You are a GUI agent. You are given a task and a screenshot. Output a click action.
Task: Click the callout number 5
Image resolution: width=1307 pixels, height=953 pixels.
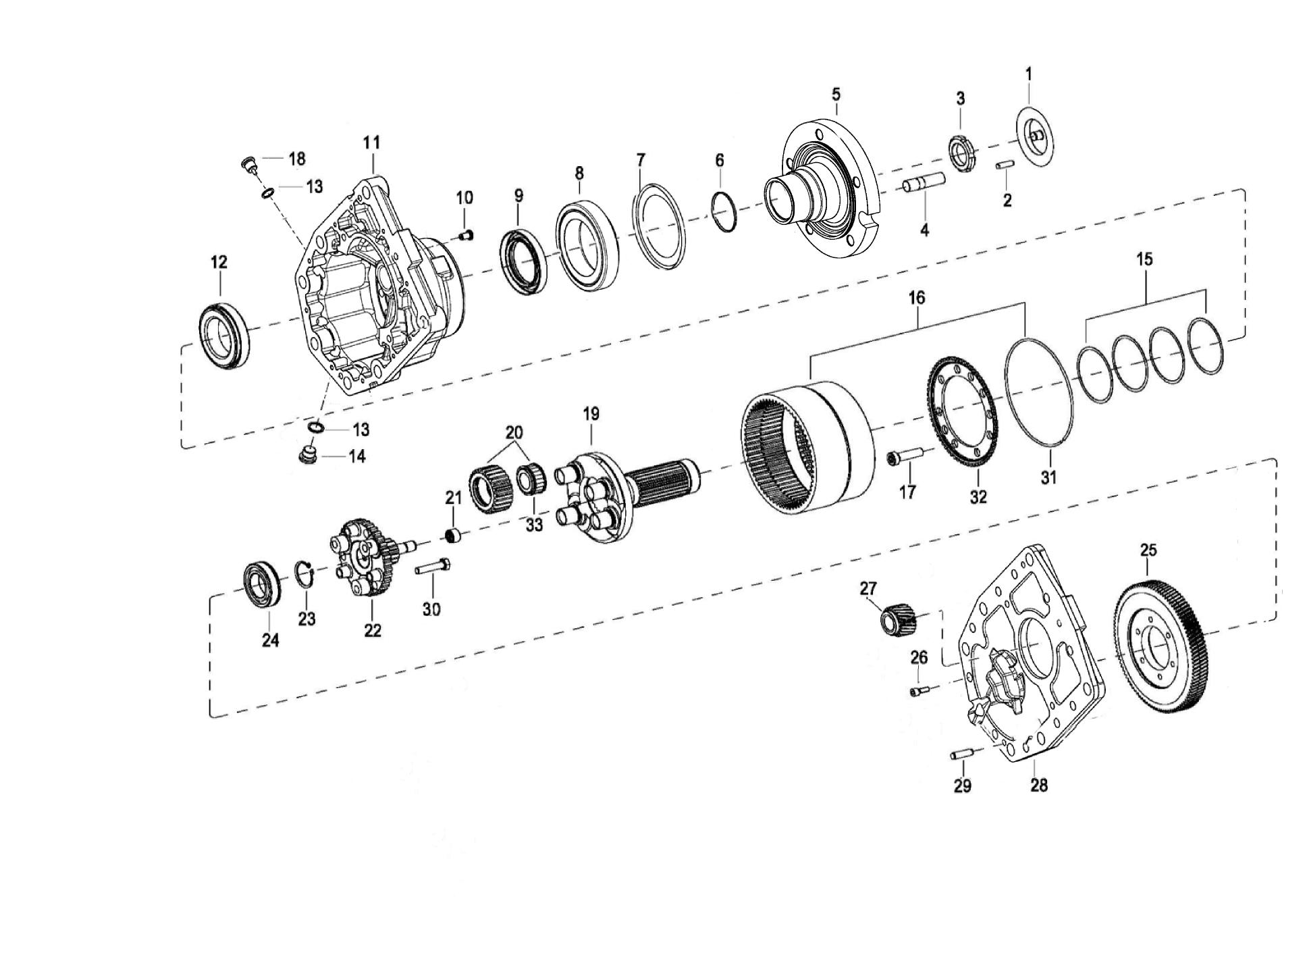836,93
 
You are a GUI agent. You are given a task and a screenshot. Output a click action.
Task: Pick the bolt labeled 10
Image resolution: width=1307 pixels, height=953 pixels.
465,234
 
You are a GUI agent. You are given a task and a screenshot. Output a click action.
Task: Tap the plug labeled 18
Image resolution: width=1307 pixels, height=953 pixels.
250,163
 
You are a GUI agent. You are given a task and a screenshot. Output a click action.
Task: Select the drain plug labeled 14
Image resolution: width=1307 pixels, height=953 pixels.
308,453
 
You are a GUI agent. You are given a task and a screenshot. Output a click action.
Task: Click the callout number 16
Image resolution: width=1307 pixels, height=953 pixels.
916,298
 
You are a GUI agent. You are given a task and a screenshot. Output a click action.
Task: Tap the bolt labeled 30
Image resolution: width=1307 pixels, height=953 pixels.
433,567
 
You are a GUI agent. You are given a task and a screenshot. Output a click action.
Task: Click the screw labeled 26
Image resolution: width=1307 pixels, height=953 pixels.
919,691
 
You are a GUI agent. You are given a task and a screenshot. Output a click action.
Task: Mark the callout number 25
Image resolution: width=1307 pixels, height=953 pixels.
1148,550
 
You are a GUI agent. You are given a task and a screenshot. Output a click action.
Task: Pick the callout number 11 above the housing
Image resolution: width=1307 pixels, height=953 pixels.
371,143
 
